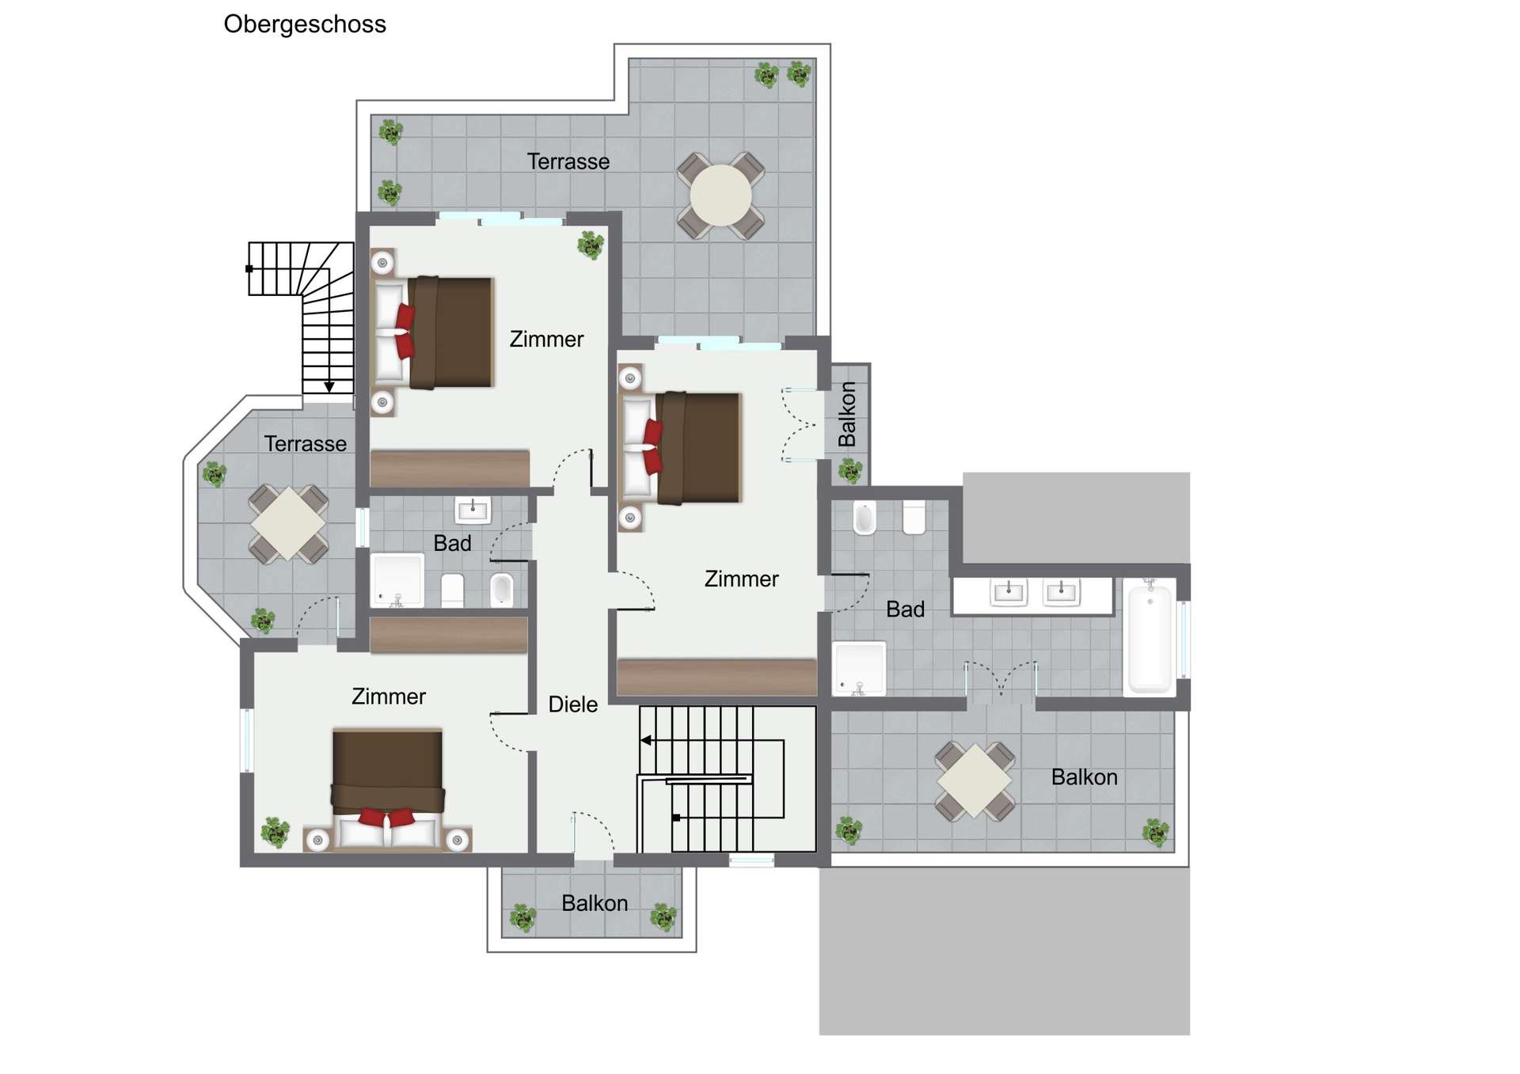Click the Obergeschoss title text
[x=305, y=25]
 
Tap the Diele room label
[x=573, y=704]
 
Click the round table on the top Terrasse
[x=720, y=195]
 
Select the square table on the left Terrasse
[x=288, y=524]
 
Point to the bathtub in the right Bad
[x=1150, y=636]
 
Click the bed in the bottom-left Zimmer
[x=388, y=789]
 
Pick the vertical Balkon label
[x=847, y=414]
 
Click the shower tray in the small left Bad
[x=397, y=580]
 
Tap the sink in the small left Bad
[x=473, y=510]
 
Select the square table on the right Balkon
[x=975, y=780]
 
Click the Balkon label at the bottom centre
[x=595, y=903]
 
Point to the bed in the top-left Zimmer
[x=433, y=332]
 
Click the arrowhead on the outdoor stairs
[x=329, y=387]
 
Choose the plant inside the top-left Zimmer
[x=591, y=245]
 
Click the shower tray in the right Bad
[x=860, y=669]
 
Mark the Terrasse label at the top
[x=568, y=161]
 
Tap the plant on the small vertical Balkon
[x=850, y=472]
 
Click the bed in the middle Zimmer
[x=681, y=448]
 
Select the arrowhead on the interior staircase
[x=646, y=741]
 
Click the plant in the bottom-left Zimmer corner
[x=275, y=833]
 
